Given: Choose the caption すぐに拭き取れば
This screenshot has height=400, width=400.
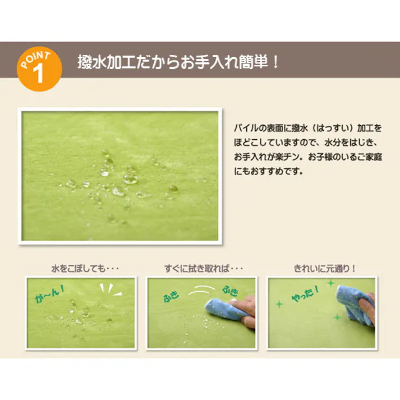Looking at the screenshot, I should click(x=199, y=268).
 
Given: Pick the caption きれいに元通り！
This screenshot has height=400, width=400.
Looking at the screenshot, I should click(x=324, y=268).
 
